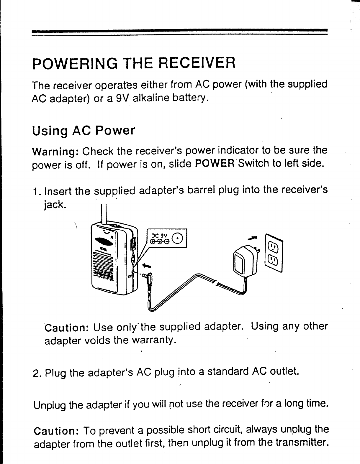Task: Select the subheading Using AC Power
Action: (x=83, y=130)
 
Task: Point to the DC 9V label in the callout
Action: (x=159, y=236)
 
